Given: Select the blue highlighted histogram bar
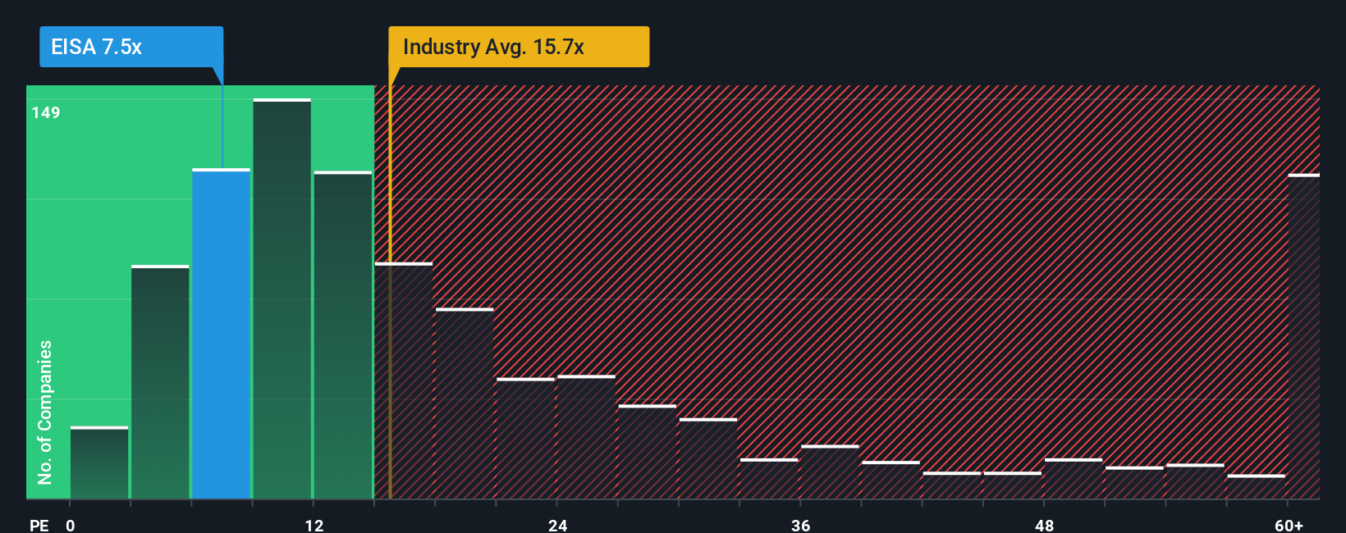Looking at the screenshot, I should [221, 334].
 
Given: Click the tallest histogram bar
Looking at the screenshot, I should [282, 299].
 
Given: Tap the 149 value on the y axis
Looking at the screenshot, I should [46, 112].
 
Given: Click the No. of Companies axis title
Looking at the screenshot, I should [44, 412].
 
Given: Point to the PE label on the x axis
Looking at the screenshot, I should [39, 525].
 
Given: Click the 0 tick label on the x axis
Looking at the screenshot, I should [71, 525].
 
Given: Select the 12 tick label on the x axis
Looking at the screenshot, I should [314, 525].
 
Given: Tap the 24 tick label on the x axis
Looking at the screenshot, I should [557, 525].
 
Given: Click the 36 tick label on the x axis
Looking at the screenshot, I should [800, 525].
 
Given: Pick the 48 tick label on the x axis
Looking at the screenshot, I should [1044, 525].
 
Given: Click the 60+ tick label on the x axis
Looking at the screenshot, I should [1289, 525].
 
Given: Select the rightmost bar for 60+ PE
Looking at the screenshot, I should [1303, 336].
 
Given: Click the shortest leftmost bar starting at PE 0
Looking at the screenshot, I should [99, 463].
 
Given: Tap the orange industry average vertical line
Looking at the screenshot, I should [390, 287].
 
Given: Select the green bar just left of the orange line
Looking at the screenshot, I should [342, 335].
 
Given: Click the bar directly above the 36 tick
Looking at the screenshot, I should [830, 472].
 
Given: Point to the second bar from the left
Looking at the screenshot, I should [160, 382].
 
